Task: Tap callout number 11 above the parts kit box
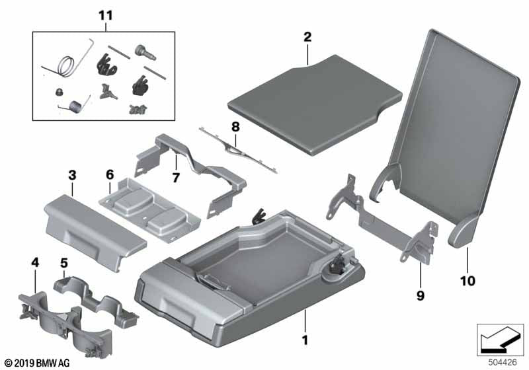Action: (106, 15)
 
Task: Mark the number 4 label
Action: (35, 264)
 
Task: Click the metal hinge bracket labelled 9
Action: (384, 218)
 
